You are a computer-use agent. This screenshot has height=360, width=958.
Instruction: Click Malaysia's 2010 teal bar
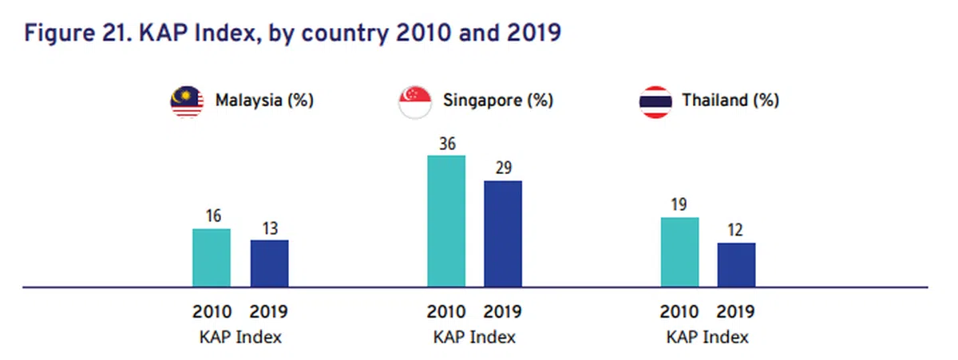point(212,257)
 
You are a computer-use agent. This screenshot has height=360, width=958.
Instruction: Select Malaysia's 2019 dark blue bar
point(270,263)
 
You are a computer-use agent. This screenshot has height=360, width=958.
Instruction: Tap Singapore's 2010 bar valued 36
point(446,220)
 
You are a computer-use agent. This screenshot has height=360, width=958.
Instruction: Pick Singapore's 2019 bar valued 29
point(503,233)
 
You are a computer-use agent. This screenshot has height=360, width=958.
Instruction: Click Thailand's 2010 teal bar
point(680,251)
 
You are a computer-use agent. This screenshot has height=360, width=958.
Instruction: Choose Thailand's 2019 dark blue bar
point(736,264)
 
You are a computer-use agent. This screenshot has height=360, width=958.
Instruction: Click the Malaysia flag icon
point(187,101)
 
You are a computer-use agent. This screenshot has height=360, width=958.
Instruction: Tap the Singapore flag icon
point(416,101)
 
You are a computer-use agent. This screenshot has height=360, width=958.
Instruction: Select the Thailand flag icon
point(655,101)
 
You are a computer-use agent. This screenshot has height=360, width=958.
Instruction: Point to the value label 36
point(446,144)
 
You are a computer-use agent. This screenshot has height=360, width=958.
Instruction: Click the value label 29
point(503,169)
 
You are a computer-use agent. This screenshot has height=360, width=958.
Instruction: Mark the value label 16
point(212,217)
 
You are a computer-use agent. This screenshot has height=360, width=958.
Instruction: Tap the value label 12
point(736,231)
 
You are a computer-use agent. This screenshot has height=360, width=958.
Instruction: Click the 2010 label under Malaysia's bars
point(212,312)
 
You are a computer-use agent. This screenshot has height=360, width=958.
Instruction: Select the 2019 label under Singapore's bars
point(503,312)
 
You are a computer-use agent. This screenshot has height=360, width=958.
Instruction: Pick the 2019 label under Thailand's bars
point(736,312)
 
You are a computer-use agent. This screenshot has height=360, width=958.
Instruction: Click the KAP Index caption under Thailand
point(708,337)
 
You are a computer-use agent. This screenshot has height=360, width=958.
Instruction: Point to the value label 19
point(680,206)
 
